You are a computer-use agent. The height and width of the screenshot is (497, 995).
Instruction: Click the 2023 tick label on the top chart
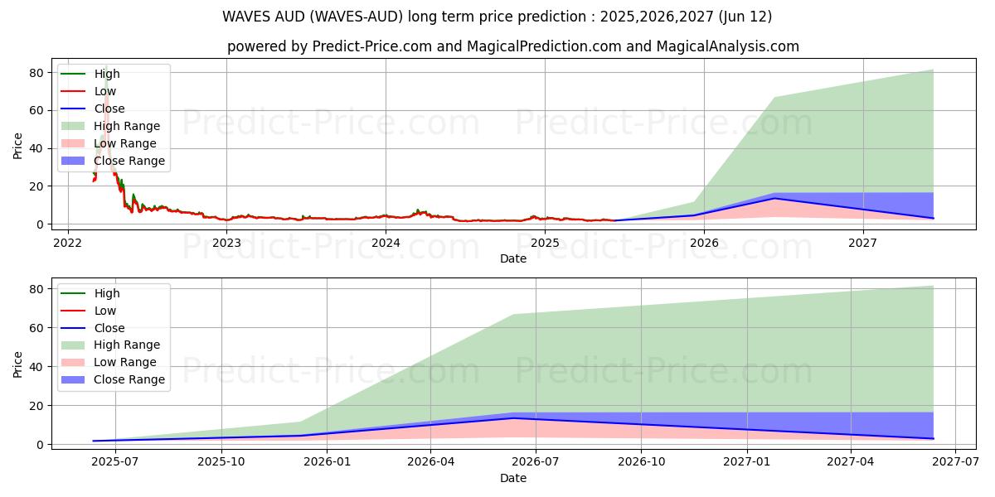(226, 243)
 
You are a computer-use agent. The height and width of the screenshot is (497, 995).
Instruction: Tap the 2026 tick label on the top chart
(704, 243)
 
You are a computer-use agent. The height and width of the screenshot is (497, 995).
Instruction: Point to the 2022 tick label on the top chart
(67, 243)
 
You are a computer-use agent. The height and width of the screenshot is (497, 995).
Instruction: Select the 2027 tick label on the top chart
(863, 243)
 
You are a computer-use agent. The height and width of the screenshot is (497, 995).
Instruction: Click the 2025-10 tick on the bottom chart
(221, 462)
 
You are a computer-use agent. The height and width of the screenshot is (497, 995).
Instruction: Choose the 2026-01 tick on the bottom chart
(328, 462)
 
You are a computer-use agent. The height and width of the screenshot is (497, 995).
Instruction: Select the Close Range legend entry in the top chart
(129, 161)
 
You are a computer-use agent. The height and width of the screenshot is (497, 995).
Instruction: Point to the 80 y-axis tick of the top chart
(36, 73)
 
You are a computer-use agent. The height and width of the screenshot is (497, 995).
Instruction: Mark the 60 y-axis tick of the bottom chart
(36, 327)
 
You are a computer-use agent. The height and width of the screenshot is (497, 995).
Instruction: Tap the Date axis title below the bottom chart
(512, 478)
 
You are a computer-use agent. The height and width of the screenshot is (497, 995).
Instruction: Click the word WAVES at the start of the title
(247, 17)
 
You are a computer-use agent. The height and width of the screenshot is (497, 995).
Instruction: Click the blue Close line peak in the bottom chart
(514, 418)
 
